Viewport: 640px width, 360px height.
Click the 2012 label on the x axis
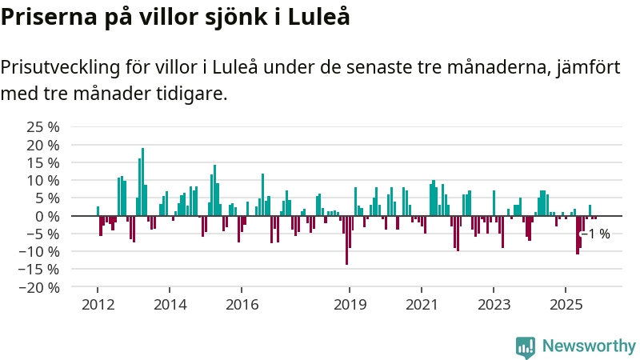click(98, 305)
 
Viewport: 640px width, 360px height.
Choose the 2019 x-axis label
click(350, 305)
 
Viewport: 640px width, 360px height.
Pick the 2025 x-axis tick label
click(566, 305)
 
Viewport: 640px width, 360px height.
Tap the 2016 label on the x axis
click(242, 305)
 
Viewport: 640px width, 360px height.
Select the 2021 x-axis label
click(422, 305)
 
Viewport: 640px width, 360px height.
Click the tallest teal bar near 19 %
click(142, 182)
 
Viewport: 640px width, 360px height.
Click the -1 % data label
click(596, 234)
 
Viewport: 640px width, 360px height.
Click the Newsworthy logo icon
click(526, 346)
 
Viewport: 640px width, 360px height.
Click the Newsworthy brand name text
click(589, 346)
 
